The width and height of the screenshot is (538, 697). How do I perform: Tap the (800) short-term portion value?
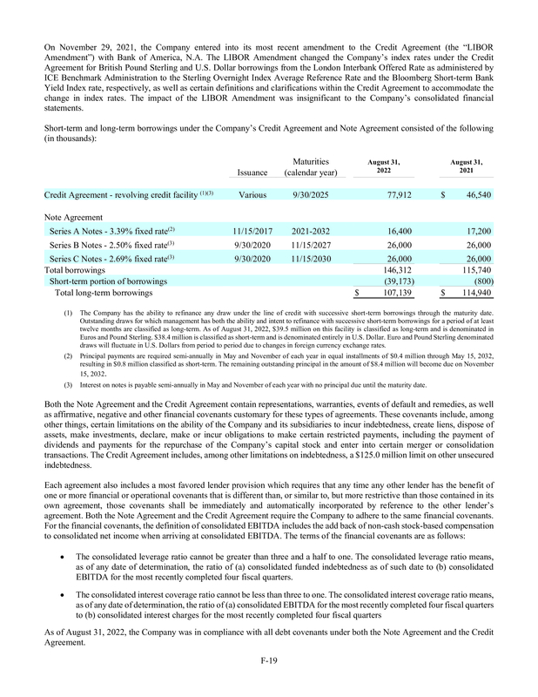coord(479,281)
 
